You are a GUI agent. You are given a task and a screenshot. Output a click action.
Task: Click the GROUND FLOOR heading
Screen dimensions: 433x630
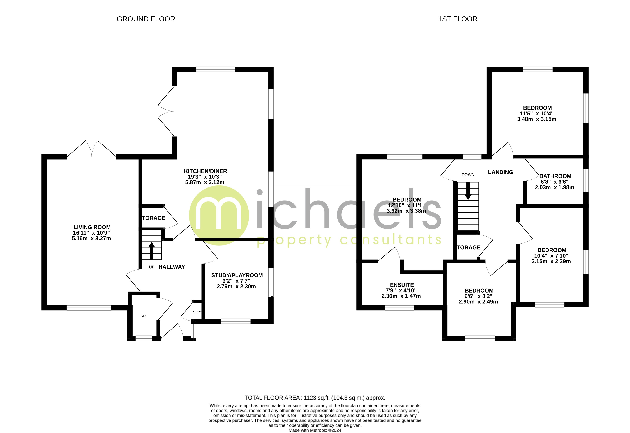[146, 19]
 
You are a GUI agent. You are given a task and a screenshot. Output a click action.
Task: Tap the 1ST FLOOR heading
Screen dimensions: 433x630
[458, 19]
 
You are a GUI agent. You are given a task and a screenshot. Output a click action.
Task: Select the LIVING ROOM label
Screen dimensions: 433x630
[92, 227]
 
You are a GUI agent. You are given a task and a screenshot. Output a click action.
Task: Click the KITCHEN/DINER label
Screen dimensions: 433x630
[206, 171]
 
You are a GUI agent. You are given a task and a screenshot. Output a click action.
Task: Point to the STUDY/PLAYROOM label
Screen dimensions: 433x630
[237, 275]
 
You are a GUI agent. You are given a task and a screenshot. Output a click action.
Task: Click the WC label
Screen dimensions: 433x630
[144, 316]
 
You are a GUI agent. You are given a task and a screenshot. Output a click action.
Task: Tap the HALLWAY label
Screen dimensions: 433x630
[172, 267]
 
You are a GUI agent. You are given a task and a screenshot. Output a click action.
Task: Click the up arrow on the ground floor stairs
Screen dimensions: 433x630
[152, 250]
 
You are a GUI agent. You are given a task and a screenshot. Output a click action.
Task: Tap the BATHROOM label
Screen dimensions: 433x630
[555, 176]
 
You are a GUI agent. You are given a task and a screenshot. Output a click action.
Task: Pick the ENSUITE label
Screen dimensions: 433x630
[402, 285]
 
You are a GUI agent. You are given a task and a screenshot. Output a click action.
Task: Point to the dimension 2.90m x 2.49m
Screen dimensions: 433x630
[478, 302]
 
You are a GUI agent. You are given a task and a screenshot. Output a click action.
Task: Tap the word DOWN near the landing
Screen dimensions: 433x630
[468, 175]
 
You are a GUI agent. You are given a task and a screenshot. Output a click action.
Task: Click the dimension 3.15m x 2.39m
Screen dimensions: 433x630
[551, 261]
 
